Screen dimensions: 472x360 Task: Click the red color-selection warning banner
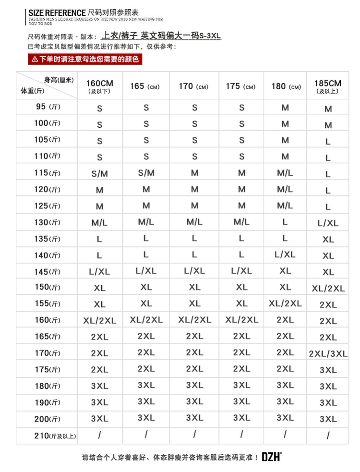(85, 59)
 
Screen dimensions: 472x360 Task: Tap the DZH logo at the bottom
(272, 457)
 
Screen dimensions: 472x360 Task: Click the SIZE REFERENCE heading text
(57, 12)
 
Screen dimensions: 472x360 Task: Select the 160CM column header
(99, 86)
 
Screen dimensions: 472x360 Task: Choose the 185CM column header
(328, 86)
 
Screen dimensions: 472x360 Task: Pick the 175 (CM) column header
(241, 86)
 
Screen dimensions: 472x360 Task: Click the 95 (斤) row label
(48, 107)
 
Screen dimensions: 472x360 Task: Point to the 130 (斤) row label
(48, 222)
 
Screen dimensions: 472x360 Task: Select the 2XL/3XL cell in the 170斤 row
(328, 354)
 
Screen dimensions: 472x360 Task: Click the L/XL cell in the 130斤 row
(328, 223)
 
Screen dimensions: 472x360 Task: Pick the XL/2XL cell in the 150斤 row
(328, 288)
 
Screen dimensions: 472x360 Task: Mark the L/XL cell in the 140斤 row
(285, 254)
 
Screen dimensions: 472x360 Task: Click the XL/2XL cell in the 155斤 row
(285, 303)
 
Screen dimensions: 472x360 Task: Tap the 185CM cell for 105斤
(328, 142)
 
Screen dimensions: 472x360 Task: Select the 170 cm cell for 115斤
(194, 172)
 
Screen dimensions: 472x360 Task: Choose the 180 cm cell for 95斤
(285, 108)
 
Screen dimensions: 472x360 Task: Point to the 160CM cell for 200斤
(99, 419)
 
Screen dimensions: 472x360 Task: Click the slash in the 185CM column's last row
(328, 436)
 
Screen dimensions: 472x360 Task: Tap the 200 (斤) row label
(48, 419)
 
